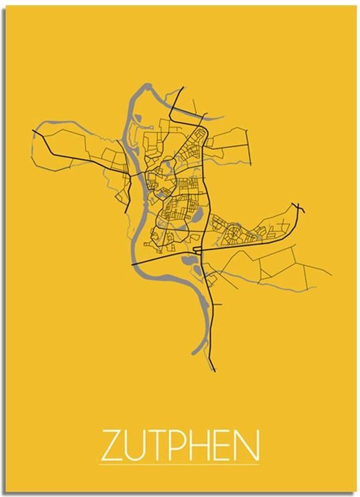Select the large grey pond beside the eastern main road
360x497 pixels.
pos(197,215)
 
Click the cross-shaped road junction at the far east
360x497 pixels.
pos(299,208)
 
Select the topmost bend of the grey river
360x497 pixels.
pos(149,85)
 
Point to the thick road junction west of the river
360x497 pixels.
pos(126,173)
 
